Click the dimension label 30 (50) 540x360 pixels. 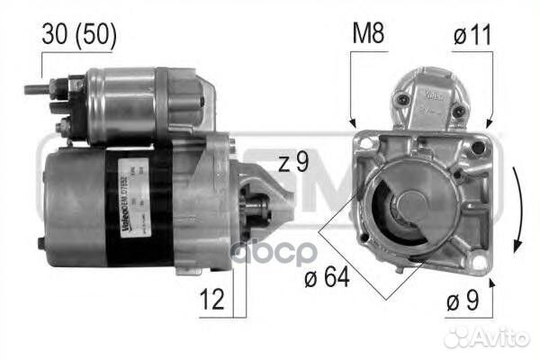click(x=79, y=36)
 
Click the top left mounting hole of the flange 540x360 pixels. click(x=364, y=141)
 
